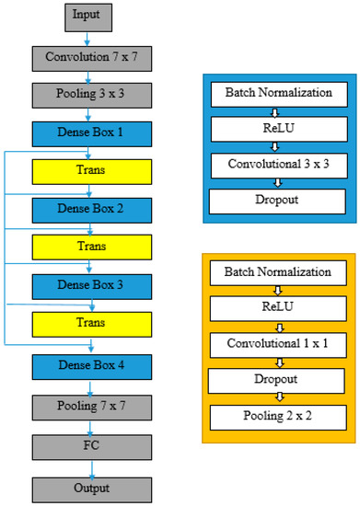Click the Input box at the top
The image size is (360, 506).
(90, 17)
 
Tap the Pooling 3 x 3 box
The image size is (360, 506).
(90, 96)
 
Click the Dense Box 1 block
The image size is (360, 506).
(90, 134)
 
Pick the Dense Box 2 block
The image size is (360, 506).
(90, 210)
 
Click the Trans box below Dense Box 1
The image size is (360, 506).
(90, 172)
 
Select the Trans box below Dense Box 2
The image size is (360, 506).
(90, 247)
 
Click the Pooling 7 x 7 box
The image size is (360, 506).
(90, 406)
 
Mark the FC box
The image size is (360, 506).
(90, 447)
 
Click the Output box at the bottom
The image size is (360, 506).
(90, 489)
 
